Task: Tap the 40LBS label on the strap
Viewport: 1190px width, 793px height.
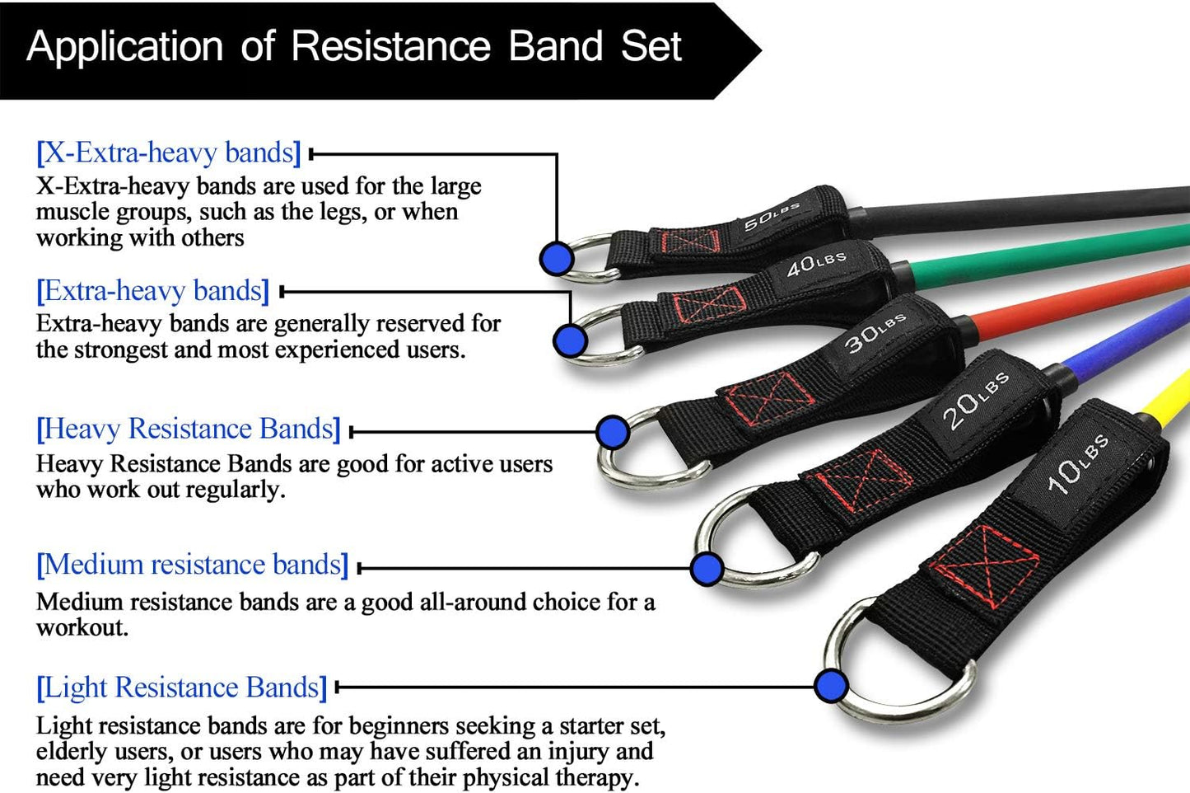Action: point(816,264)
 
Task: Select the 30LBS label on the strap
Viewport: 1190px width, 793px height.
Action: point(875,331)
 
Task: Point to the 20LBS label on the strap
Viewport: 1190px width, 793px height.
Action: point(975,401)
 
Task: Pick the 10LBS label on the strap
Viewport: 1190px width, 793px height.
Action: point(1077,464)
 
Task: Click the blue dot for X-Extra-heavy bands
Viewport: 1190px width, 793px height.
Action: point(556,258)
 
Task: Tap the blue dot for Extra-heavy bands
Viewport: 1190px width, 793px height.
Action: point(570,340)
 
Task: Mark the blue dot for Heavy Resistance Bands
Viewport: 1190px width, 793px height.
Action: point(612,431)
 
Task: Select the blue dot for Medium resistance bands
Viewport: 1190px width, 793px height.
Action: point(707,568)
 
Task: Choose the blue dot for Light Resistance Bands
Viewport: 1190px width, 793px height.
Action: point(831,685)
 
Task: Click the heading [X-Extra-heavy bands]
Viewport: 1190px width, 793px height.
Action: point(169,152)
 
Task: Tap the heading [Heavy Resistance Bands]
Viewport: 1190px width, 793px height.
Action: point(189,429)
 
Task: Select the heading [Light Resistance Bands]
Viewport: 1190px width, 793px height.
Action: point(182,687)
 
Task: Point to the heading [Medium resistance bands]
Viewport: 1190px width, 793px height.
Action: point(193,565)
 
